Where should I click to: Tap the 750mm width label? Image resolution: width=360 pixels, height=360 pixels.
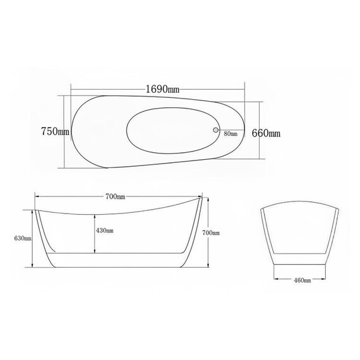[54, 132]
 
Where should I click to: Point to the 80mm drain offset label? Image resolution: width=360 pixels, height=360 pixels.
[230, 134]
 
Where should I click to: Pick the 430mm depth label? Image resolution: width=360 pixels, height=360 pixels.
[105, 231]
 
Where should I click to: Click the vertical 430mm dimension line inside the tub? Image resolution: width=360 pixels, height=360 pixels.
[95, 231]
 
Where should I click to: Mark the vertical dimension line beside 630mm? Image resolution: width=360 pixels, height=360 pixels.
[32, 238]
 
